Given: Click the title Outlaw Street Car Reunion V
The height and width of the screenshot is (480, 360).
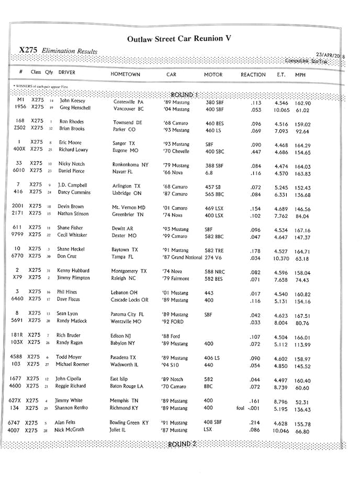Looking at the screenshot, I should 179,39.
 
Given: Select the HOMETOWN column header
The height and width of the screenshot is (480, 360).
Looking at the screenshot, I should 125,74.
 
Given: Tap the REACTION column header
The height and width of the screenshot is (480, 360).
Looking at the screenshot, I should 253,75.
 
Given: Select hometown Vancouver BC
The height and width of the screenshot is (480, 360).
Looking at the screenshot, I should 128,109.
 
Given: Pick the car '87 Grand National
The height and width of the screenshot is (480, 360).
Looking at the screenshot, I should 182,258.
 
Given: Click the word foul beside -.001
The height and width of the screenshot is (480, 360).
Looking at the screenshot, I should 241,408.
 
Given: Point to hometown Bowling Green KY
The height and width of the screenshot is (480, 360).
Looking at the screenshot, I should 130,422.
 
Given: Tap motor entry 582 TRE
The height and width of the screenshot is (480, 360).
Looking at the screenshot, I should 215,250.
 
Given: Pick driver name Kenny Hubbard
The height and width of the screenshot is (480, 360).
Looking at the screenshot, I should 73,271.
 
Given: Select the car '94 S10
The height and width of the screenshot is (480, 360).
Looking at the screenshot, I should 172,365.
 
